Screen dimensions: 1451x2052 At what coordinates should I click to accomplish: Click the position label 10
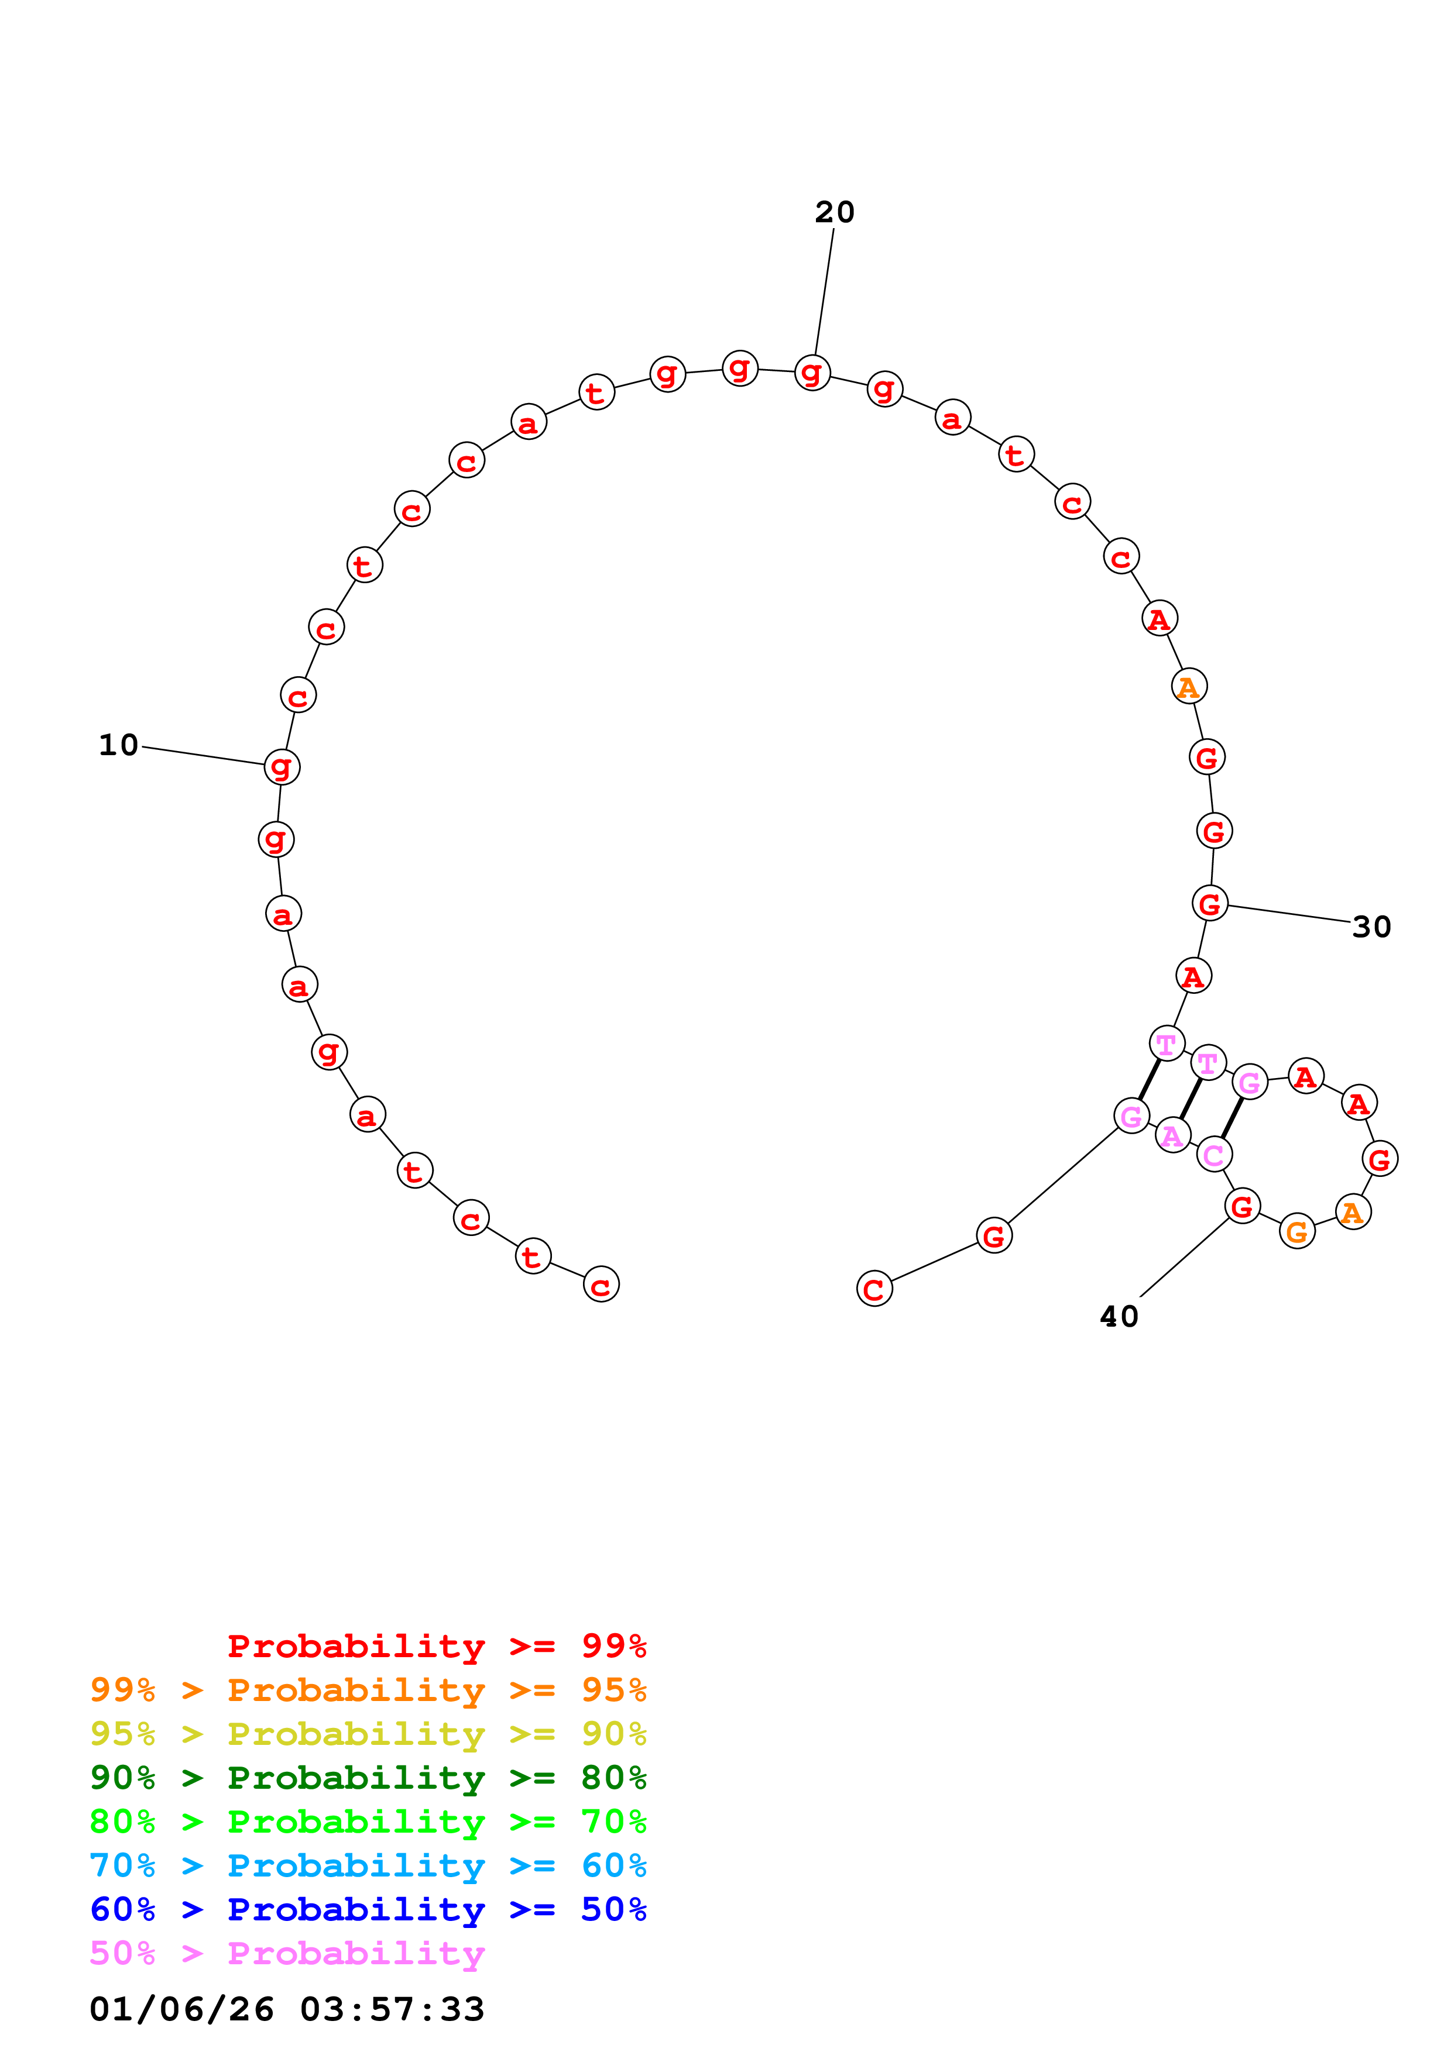tap(119, 745)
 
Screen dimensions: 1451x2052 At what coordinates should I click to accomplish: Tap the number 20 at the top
tap(834, 212)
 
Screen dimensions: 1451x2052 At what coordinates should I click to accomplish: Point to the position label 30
tap(1371, 927)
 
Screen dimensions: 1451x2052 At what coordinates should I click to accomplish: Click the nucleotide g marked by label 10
tap(282, 766)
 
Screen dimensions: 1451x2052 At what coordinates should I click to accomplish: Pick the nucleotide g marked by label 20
tap(812, 372)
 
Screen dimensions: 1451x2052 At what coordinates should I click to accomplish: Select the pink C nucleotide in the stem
tap(1213, 1155)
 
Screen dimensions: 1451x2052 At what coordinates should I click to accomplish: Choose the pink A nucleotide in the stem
tap(1172, 1135)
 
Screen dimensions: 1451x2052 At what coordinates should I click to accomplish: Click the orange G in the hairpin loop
tap(1296, 1231)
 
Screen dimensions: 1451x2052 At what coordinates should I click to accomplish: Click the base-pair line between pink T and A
tap(1191, 1099)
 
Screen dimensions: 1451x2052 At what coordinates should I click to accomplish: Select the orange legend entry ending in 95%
tap(368, 1690)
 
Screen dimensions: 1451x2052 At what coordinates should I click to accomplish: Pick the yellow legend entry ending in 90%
tap(368, 1734)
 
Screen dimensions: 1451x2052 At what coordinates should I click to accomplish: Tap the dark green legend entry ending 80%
tap(368, 1778)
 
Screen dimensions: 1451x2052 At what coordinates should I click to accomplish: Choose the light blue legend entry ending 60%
tap(368, 1865)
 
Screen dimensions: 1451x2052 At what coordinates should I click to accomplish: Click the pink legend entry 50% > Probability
tap(287, 1953)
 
